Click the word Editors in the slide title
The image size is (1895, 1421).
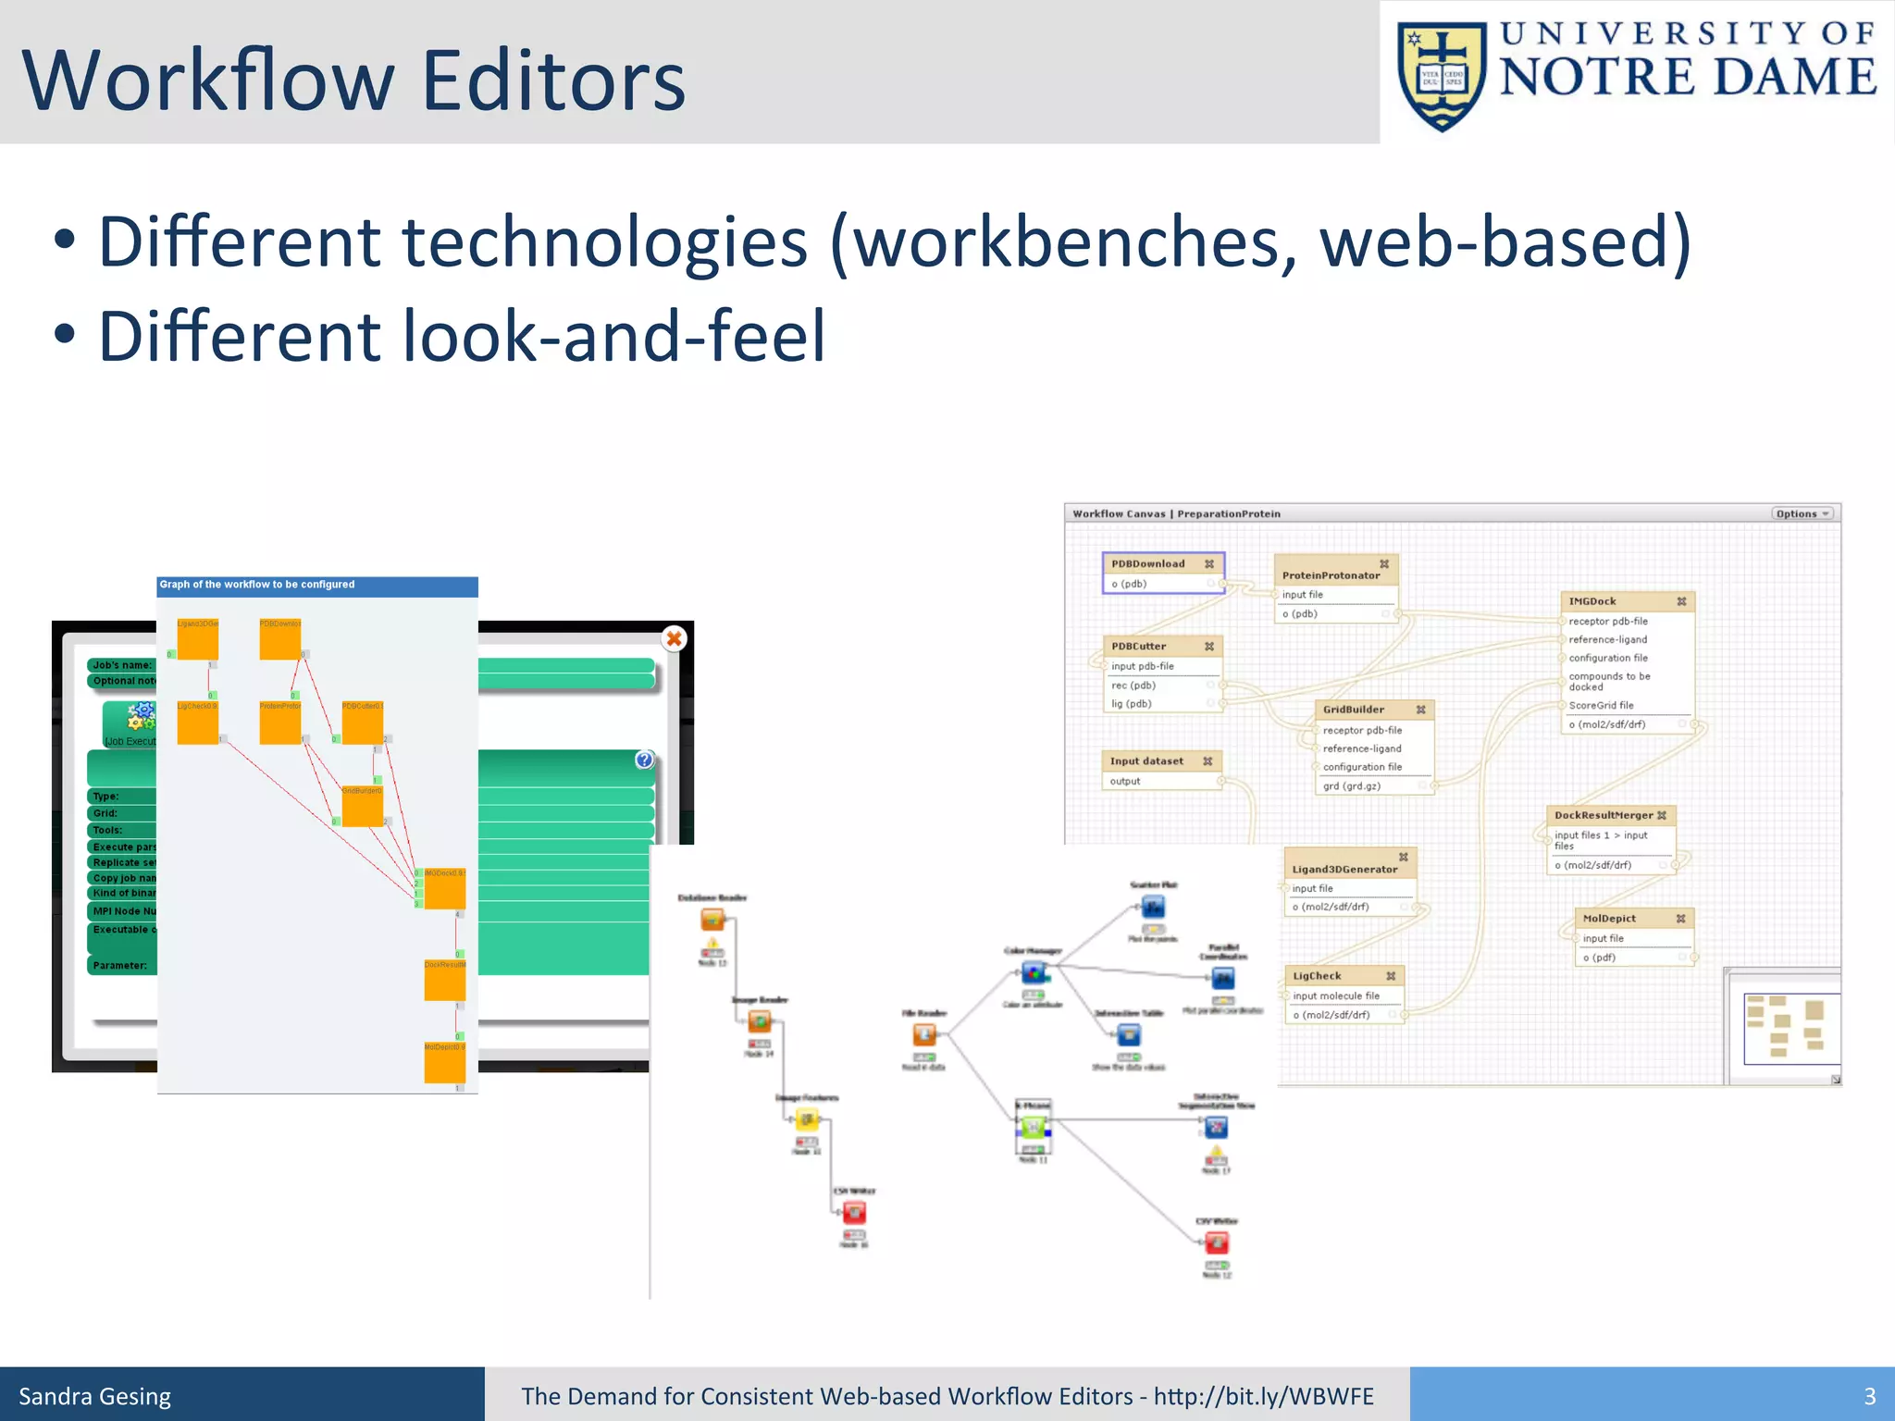[553, 80]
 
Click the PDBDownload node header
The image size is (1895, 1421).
[1148, 563]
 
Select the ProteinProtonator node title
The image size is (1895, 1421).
[1331, 575]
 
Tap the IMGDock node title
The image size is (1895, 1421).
[1592, 601]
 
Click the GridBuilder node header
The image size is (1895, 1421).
[1354, 710]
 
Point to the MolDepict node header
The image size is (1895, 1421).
[1609, 919]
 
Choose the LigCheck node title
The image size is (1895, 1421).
[1317, 976]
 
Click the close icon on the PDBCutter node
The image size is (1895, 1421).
[1209, 647]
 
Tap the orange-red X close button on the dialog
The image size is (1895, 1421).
[675, 638]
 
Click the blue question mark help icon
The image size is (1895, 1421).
[645, 760]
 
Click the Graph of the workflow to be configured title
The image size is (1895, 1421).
[257, 585]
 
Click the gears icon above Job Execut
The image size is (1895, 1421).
[142, 715]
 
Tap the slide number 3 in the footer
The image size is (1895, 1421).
[1869, 1396]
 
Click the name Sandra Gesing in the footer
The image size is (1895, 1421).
[95, 1396]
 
